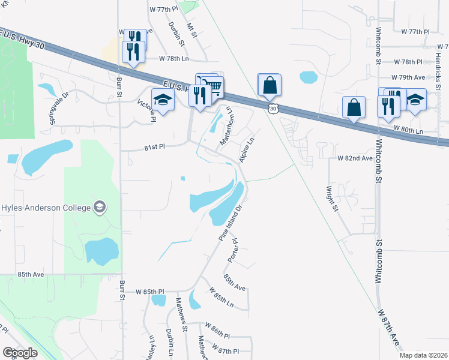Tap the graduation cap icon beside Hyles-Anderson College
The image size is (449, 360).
tap(99, 208)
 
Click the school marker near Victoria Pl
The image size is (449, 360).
tap(163, 100)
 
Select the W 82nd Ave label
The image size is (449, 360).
tap(355, 158)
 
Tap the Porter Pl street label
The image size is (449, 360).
tap(233, 250)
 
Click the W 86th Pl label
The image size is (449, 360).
tap(217, 337)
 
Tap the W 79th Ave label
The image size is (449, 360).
tap(408, 77)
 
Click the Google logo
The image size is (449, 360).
tap(20, 353)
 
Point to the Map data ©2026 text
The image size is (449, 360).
tap(423, 355)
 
